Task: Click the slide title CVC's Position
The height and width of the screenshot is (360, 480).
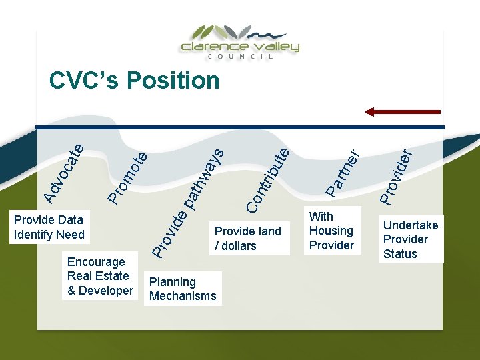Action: pyautogui.click(x=134, y=81)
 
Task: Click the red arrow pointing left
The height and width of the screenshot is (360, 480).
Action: pyautogui.click(x=402, y=111)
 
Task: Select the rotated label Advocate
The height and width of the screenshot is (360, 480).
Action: pyautogui.click(x=64, y=172)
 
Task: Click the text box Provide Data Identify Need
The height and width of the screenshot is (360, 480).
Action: pyautogui.click(x=49, y=227)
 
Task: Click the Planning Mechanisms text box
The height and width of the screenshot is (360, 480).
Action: pyautogui.click(x=183, y=289)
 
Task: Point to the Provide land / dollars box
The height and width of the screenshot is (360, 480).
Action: pyautogui.click(x=247, y=238)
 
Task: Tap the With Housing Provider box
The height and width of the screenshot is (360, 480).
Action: pyautogui.click(x=331, y=231)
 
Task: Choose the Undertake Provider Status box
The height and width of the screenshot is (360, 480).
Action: pyautogui.click(x=410, y=239)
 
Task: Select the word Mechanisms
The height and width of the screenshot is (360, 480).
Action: pyautogui.click(x=183, y=296)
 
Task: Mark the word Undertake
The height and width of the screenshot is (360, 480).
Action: pyautogui.click(x=410, y=225)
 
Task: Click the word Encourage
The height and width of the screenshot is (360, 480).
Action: pyautogui.click(x=96, y=262)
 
